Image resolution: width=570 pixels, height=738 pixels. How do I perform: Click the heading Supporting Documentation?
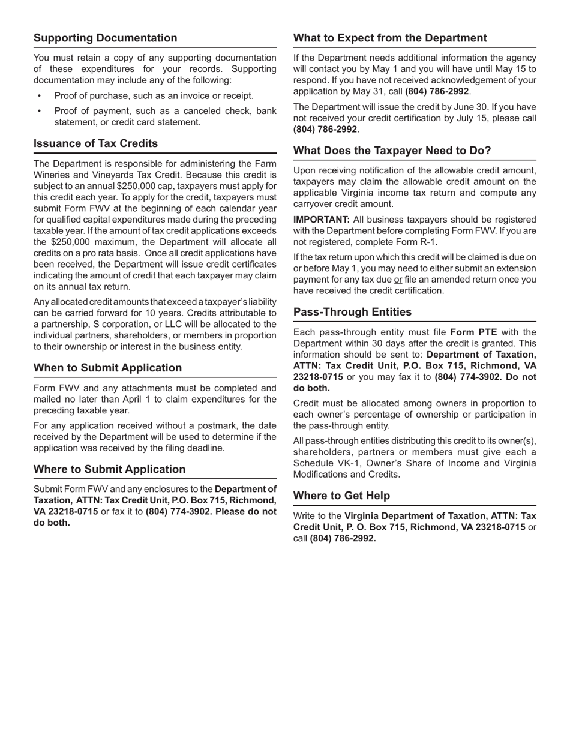coord(105,38)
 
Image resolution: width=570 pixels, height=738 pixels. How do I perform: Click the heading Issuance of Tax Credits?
coord(95,143)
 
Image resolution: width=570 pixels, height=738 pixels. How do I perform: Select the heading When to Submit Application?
coord(107,368)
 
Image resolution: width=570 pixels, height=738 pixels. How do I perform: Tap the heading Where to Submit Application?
coord(109,469)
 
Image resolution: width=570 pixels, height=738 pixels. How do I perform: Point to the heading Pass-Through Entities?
coord(352,312)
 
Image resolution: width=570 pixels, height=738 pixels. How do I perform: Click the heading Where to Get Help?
coord(341,496)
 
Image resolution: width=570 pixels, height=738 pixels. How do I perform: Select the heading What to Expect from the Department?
coord(390,38)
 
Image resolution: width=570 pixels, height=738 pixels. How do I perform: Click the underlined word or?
coord(398,280)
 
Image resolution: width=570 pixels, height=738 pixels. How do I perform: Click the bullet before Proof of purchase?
coord(40,96)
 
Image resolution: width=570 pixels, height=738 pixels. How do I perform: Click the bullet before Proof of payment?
coord(40,111)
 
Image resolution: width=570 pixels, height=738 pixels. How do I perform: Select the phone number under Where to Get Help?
coord(343,538)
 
